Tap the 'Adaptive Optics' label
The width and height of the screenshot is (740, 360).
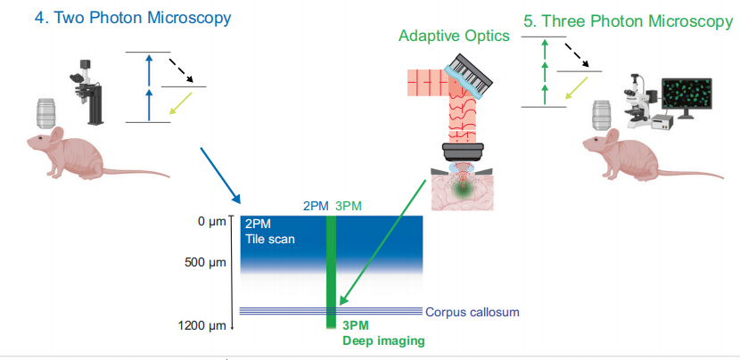pyautogui.click(x=454, y=36)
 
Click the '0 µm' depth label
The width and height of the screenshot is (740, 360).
pyautogui.click(x=213, y=221)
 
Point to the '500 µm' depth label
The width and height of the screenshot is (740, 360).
pyautogui.click(x=207, y=264)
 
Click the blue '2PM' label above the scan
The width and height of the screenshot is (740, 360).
pyautogui.click(x=316, y=206)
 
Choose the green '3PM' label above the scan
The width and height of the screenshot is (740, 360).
pyautogui.click(x=348, y=206)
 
